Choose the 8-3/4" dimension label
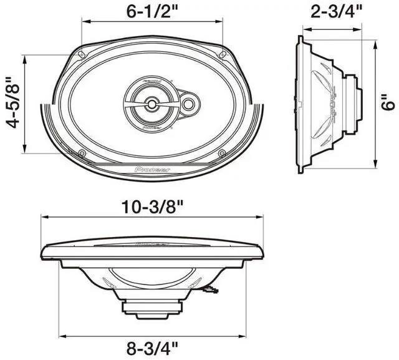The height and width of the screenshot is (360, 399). (151, 348)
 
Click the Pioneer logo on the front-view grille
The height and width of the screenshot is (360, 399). (152, 168)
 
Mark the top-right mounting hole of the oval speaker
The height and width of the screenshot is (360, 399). (223, 51)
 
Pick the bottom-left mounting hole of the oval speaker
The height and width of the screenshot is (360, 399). (82, 153)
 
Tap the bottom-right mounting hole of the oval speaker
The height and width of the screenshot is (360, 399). (223, 153)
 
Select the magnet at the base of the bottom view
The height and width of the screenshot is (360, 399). (152, 307)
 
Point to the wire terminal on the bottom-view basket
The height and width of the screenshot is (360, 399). (211, 289)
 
